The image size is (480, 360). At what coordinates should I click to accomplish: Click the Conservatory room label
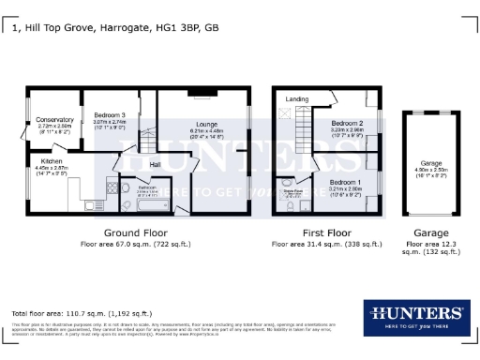(54, 120)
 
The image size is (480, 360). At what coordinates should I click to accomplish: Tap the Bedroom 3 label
(108, 113)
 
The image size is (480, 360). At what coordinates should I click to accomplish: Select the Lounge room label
(207, 124)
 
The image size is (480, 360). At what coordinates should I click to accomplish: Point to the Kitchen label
(51, 160)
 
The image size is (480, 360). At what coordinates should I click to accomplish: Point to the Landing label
(297, 98)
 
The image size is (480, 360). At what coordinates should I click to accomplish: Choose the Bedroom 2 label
(347, 123)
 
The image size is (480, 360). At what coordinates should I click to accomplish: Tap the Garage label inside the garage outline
(430, 160)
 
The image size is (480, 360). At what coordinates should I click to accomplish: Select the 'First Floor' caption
(326, 232)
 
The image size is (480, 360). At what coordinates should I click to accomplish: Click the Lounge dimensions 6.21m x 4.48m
(207, 131)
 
